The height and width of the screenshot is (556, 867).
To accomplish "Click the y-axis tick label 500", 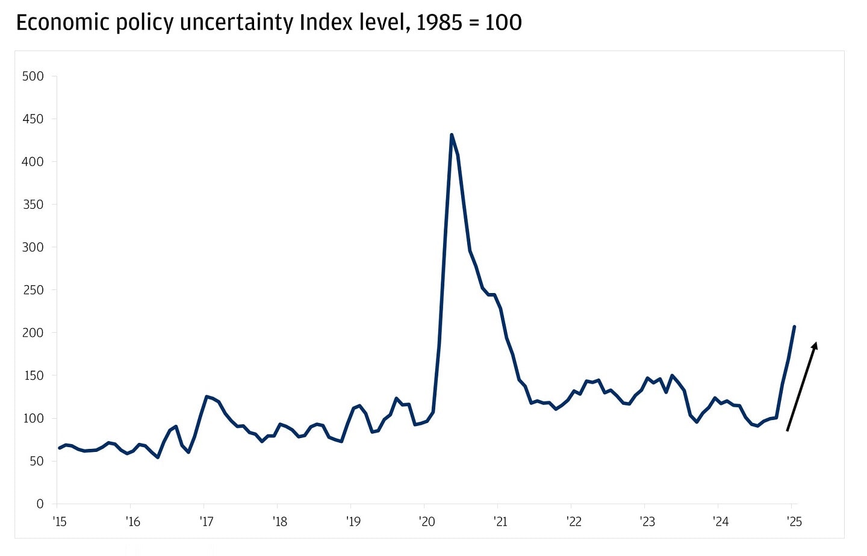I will pos(33,76).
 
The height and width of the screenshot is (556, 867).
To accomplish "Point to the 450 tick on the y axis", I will pos(33,119).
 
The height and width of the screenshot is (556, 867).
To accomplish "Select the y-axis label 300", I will pos(33,247).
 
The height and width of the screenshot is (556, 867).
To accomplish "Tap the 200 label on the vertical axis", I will pos(33,333).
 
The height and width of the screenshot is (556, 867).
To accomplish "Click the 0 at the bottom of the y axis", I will pos(40,504).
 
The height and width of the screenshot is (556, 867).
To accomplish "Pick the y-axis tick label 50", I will pos(36,461).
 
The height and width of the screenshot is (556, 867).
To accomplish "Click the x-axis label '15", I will pos(60,522).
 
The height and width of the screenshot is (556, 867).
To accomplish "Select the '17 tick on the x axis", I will pos(207,522).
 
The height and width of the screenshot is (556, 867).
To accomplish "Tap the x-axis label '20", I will pos(427,522).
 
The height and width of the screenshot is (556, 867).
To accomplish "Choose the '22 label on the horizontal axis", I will pos(574,522).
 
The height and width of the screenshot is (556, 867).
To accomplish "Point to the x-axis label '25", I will pos(794,522).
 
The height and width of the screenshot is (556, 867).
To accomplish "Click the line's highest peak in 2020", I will pos(452,135).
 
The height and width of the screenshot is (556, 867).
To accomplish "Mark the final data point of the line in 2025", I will pos(794,327).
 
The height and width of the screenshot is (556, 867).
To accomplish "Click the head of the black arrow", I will pos(816,343).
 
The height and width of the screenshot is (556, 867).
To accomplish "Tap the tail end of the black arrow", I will pos(788,430).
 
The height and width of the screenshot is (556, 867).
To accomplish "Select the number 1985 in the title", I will pos(440,23).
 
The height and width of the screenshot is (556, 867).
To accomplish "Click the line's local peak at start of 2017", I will pos(207,397).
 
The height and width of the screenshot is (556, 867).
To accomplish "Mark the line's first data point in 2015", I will pos(59,448).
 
